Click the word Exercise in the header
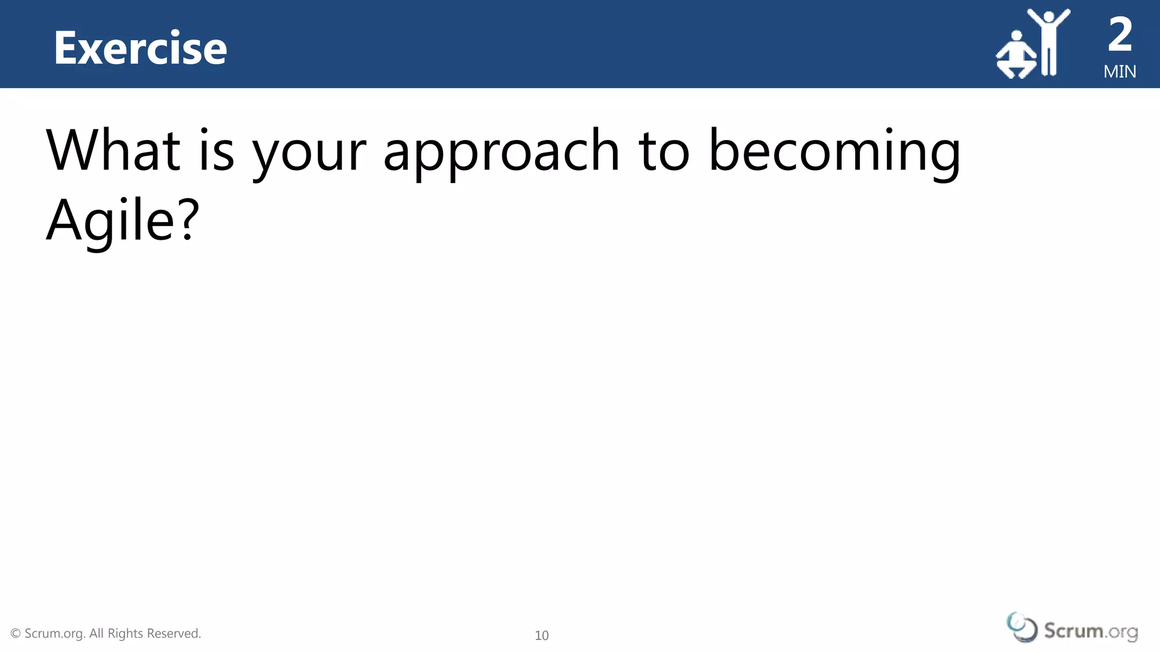(x=140, y=48)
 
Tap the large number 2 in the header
(x=1120, y=35)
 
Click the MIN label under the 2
(x=1120, y=72)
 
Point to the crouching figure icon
(x=1016, y=57)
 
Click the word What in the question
(x=113, y=150)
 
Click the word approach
(x=501, y=153)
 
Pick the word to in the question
(x=664, y=151)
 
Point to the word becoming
(x=834, y=153)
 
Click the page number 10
(x=541, y=635)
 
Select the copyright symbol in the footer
(x=16, y=633)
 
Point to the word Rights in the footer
(x=126, y=634)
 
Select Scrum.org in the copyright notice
(x=55, y=634)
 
